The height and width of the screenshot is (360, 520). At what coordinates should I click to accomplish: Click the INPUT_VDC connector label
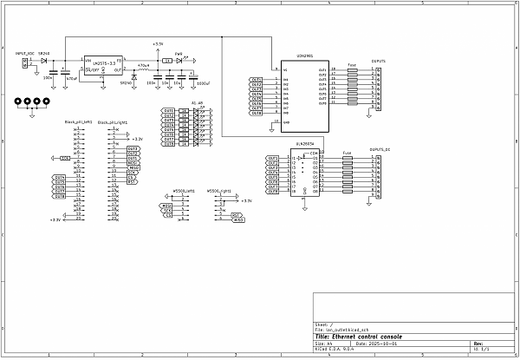click(x=25, y=54)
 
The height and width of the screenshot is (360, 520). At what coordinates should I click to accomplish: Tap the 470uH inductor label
click(x=143, y=65)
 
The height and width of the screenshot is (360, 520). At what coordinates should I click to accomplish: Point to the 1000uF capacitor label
click(x=204, y=83)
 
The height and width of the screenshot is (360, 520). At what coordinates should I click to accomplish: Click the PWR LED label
click(x=179, y=54)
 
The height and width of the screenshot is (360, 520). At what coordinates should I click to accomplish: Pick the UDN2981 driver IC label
click(x=303, y=54)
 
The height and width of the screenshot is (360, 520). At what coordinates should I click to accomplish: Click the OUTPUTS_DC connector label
click(x=380, y=150)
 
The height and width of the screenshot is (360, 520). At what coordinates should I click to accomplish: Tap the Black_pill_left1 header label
click(x=78, y=123)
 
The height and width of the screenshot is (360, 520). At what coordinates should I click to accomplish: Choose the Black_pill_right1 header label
click(x=113, y=123)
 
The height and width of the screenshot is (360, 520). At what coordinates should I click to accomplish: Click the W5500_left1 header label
click(x=184, y=189)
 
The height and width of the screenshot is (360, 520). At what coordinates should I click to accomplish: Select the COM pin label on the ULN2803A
click(x=314, y=154)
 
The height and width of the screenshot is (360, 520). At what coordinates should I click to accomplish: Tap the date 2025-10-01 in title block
click(x=386, y=343)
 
